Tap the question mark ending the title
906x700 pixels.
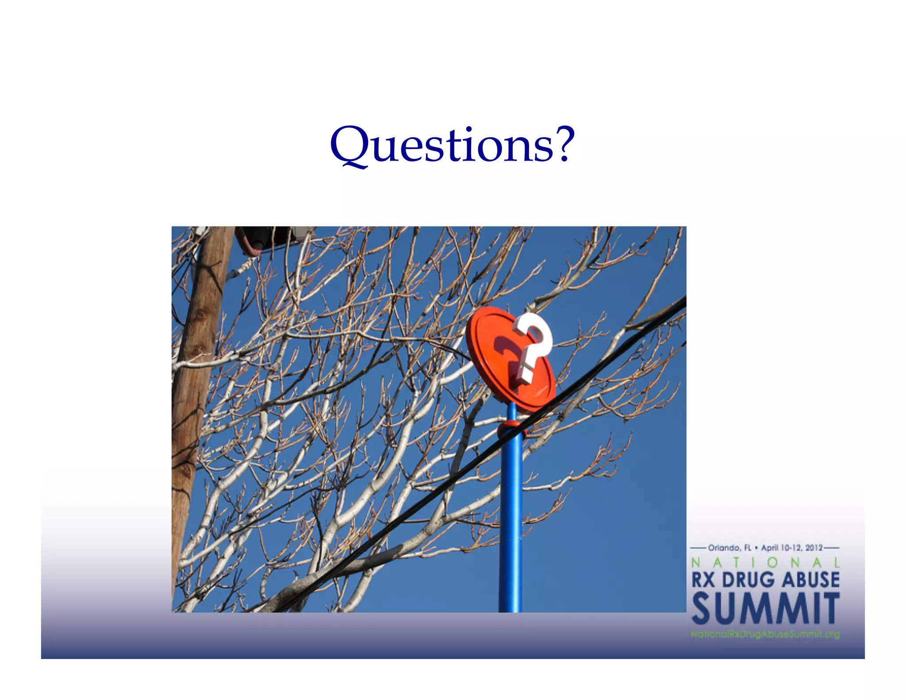[565, 143]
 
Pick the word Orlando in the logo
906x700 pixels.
[724, 548]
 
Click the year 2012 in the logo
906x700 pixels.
[814, 548]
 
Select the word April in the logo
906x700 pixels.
[770, 548]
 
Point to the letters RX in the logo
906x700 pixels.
[703, 580]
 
